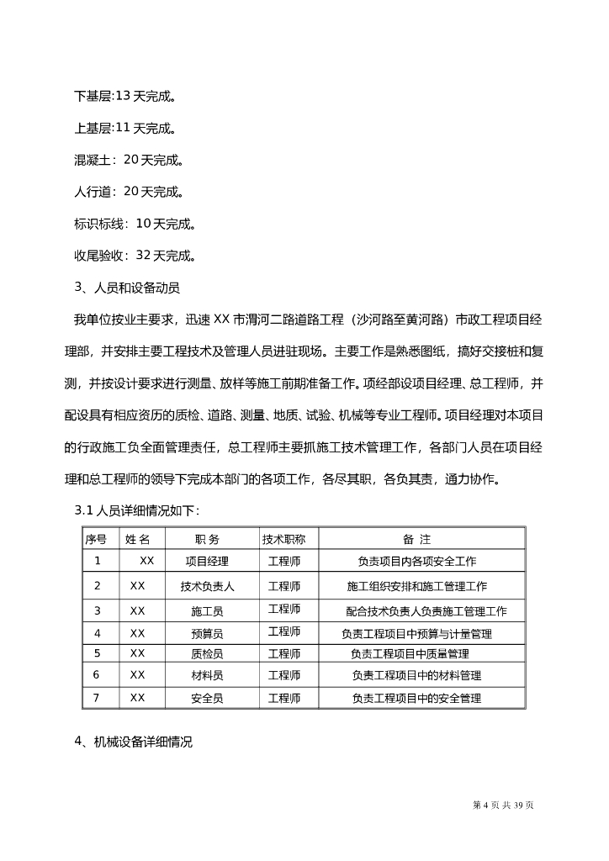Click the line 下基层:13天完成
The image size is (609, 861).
coord(125,96)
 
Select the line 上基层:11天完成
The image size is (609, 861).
coord(125,128)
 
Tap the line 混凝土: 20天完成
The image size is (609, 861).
coord(130,160)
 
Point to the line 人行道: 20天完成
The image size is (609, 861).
coord(130,192)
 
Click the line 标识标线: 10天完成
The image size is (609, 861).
coord(135,224)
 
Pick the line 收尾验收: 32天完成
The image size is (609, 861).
coord(135,256)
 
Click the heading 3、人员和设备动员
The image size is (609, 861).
coord(127,288)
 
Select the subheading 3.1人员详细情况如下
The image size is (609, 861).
coord(136,510)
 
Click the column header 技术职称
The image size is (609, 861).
coord(283,539)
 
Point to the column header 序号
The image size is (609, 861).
coord(96,539)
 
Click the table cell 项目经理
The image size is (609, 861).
coord(207,561)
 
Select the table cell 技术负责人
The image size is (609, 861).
coord(207,586)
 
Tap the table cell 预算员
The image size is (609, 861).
coord(207,634)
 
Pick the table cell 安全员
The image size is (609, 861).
coord(207,698)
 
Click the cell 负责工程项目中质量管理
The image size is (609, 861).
coord(410,653)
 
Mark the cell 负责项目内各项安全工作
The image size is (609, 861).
coord(417,561)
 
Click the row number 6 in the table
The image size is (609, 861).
coord(97,674)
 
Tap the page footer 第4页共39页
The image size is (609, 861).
coord(504,806)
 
